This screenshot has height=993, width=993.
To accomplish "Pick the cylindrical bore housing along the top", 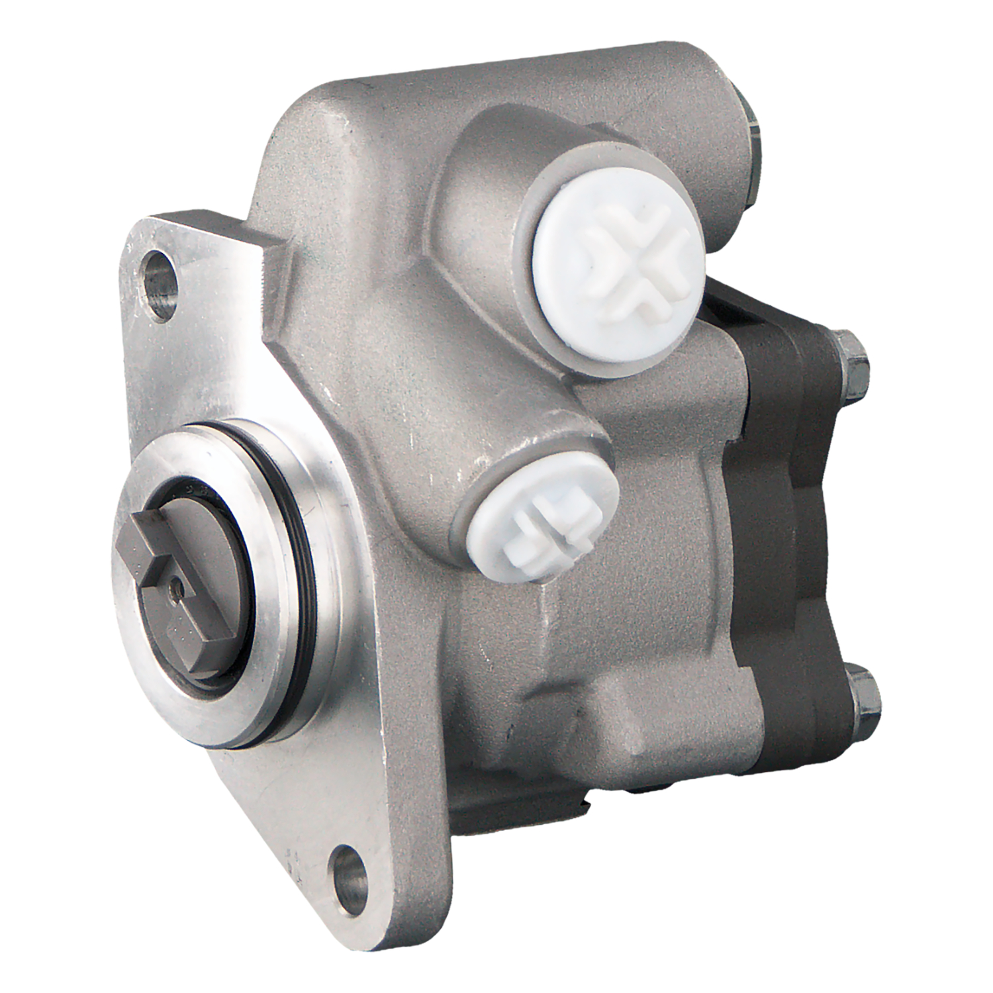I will pos(530,99).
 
